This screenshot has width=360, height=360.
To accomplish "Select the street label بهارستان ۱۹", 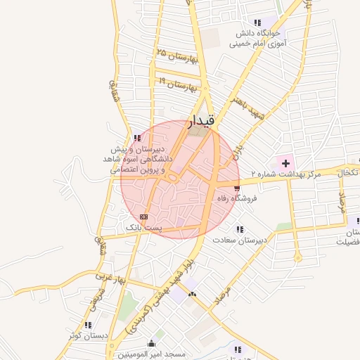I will pos(176,85).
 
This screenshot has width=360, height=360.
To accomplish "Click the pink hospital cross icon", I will pos(285,163).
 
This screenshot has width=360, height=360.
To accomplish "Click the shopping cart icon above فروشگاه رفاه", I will pos(237,188).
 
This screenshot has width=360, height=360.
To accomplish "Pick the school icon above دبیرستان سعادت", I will pos(240,229).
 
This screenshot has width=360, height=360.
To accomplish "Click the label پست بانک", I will pos(144,228).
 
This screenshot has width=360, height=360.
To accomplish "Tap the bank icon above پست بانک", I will pos(144,217).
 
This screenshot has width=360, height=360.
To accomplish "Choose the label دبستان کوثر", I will pos(87,335).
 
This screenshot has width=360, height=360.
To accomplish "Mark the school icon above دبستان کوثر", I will pos(88,325).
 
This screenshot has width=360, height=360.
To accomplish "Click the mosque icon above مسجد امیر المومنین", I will pos(152,342).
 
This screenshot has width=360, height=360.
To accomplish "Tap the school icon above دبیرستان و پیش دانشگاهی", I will pos(136,138).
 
